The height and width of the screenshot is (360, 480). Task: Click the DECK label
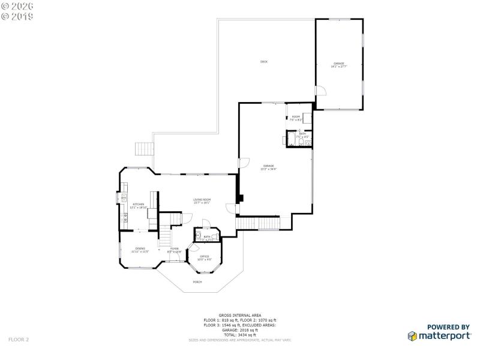(x=263, y=62)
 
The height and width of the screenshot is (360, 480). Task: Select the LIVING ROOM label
(x=202, y=201)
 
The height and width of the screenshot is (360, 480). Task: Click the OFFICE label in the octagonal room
(x=204, y=257)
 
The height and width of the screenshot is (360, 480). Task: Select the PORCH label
(x=197, y=281)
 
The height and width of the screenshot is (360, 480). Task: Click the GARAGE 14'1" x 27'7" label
(x=339, y=65)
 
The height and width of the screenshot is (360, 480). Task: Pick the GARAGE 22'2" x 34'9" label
(x=268, y=167)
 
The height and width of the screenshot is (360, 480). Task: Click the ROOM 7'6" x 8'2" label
(x=296, y=118)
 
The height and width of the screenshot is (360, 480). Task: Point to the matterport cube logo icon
(x=413, y=336)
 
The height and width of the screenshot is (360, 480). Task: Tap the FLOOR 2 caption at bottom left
(x=19, y=339)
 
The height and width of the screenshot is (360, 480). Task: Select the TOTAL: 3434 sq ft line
(x=239, y=334)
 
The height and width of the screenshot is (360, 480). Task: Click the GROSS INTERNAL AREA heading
(x=239, y=315)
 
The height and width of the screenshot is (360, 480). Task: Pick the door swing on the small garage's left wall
(x=320, y=92)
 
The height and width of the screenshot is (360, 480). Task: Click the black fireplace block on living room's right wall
(x=239, y=198)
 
